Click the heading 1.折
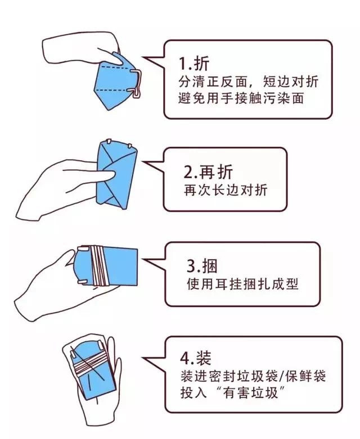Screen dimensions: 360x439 194,64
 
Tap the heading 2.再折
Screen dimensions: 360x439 208,172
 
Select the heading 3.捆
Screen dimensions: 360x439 202,266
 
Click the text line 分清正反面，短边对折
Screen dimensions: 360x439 249,82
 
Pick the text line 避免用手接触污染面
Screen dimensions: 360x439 241,98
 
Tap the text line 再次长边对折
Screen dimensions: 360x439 226,191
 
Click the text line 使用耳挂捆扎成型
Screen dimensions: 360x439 242,284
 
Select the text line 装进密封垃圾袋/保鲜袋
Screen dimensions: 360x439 253,376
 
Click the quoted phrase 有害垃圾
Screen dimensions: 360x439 251,392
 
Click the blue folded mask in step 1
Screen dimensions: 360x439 115,81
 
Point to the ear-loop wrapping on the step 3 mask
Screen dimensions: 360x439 99,265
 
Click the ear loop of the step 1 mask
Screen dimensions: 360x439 137,83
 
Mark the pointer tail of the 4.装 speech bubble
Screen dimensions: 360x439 155,361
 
